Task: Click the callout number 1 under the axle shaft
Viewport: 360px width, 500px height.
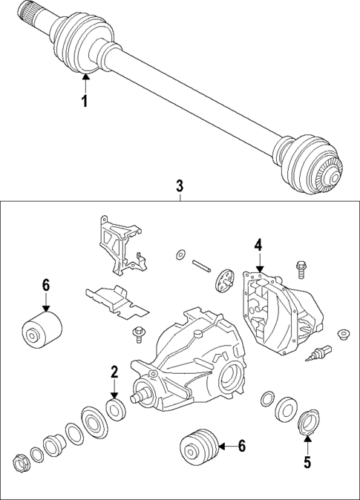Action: (85, 102)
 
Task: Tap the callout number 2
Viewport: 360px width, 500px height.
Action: (114, 372)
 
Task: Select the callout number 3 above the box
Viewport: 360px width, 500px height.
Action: (180, 185)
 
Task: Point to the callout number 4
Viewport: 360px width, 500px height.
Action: (258, 245)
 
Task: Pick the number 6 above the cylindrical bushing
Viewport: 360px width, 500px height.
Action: (45, 285)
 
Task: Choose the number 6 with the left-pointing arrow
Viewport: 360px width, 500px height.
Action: (241, 446)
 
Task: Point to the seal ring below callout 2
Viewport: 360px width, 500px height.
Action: (115, 407)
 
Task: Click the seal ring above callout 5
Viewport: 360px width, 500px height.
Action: (307, 424)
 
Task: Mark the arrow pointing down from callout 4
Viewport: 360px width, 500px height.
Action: (258, 266)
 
